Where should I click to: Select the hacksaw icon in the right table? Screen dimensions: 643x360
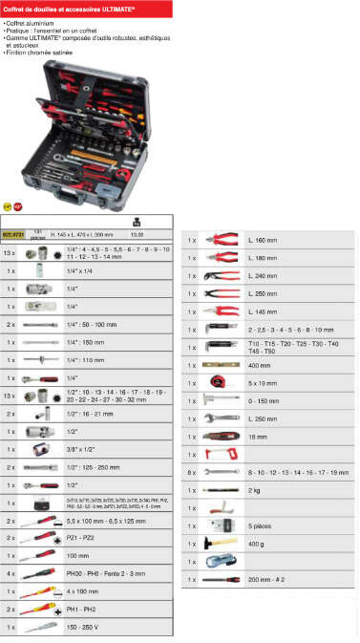click(x=221, y=454)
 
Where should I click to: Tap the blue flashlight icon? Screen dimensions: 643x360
click(x=221, y=562)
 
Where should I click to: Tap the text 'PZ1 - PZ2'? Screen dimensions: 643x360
click(x=80, y=538)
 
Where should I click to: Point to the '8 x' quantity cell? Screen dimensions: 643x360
click(x=191, y=471)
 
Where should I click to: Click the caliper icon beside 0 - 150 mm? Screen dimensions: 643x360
click(x=221, y=400)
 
